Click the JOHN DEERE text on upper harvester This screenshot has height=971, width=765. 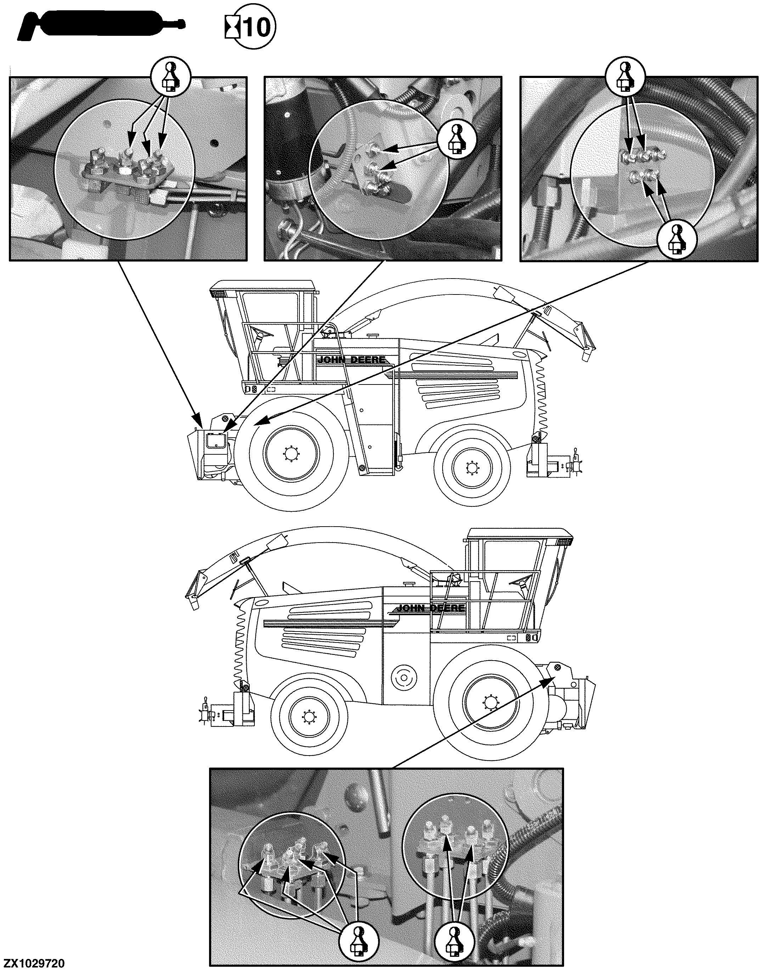(x=351, y=360)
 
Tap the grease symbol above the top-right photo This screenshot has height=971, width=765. (x=625, y=77)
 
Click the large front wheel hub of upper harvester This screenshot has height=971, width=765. (x=292, y=455)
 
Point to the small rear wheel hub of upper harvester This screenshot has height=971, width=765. (x=472, y=468)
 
